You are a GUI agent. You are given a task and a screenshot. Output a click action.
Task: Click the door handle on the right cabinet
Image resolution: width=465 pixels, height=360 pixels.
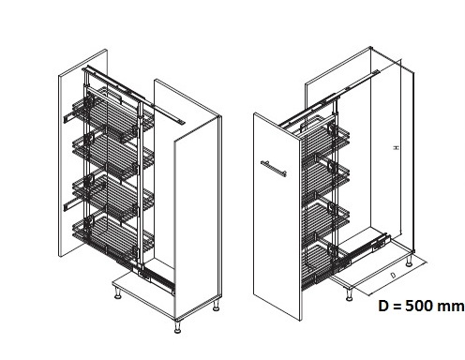274,169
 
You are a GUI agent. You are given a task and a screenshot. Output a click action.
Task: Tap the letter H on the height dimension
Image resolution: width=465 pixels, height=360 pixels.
396,147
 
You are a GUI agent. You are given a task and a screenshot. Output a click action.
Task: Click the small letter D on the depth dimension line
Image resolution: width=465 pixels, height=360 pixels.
393,275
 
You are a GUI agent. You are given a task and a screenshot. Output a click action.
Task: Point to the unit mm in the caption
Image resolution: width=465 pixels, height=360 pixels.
451,307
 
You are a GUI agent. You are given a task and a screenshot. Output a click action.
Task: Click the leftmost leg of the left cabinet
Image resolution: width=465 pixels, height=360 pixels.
118,292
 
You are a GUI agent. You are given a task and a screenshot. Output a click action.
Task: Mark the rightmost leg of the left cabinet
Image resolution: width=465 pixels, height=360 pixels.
216,306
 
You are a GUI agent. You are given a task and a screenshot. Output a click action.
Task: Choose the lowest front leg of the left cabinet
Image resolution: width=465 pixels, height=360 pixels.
177,326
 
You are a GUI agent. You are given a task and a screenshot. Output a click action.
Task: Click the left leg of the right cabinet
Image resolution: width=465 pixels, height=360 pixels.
349,294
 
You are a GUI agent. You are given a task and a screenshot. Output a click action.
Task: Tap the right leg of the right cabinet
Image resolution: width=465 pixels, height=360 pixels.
409,261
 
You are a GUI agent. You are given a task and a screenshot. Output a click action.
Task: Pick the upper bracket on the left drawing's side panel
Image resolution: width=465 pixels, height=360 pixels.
69,118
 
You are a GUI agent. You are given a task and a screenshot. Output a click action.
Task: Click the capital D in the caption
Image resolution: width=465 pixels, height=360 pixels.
383,306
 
